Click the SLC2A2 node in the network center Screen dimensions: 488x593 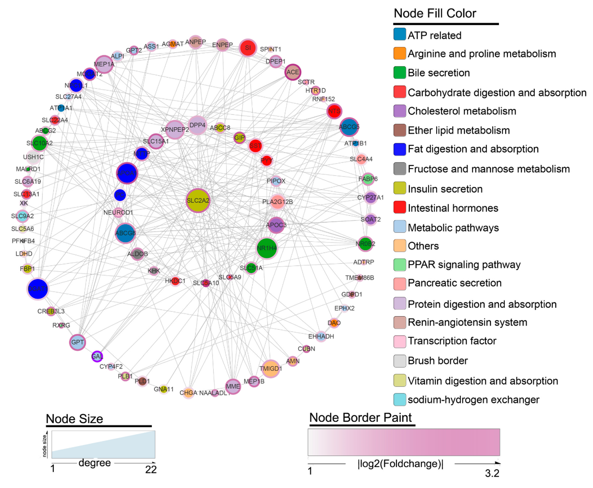198,200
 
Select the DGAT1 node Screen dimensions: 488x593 38,289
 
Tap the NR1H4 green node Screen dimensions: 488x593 267,248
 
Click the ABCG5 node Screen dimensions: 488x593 349,127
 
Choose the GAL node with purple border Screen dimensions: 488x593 97,356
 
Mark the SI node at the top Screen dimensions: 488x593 248,48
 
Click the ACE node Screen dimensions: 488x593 293,72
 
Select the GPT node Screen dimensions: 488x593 77,342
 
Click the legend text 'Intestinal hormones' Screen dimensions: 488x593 453,208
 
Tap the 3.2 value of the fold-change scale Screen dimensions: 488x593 492,473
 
